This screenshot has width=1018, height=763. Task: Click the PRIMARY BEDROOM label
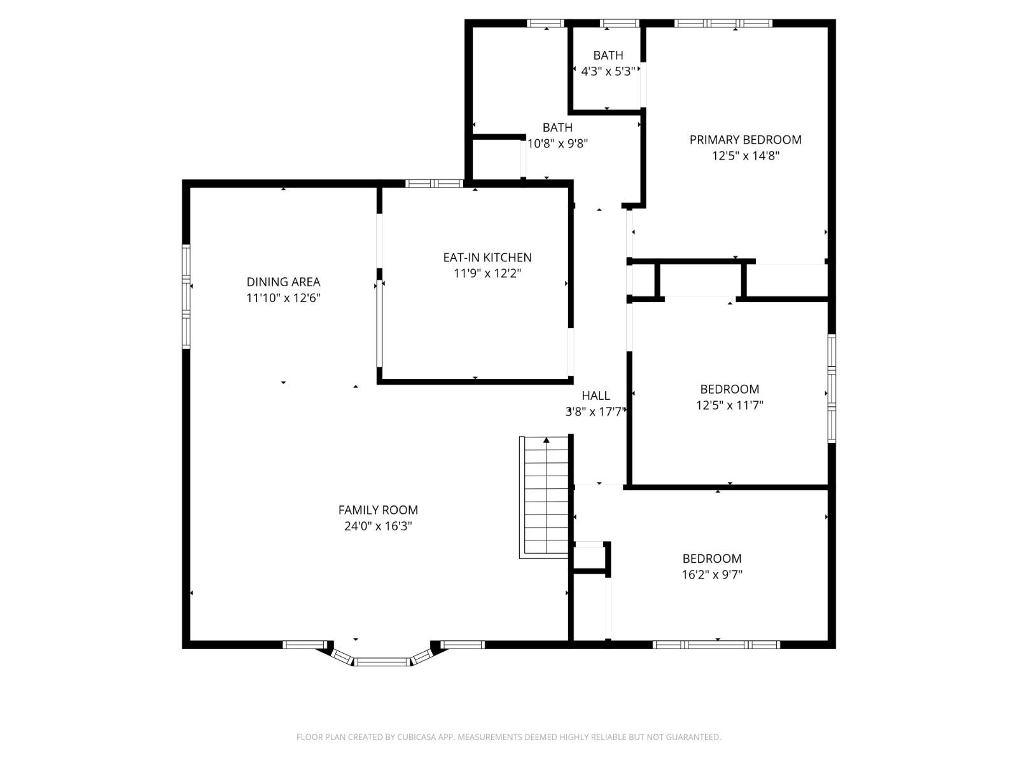coord(745,140)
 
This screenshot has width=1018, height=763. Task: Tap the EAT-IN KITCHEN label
coord(487,258)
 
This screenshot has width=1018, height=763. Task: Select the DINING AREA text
coord(283,282)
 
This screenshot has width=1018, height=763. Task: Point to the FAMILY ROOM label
coord(378,510)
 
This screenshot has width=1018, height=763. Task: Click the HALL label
coord(596,395)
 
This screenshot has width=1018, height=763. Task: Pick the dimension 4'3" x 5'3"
coord(608,72)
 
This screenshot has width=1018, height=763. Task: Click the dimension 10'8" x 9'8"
coord(557,144)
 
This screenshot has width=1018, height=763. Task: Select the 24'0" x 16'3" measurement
coord(378,526)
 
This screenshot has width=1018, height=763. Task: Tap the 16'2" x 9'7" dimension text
coord(711,575)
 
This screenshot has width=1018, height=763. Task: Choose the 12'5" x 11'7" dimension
coord(729,405)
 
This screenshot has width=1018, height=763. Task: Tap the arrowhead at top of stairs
coord(546,440)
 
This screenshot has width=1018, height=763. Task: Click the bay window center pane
coord(382,662)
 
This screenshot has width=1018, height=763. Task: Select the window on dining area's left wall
coord(186,296)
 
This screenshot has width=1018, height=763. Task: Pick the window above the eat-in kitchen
coord(434,184)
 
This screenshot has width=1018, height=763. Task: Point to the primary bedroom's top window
coord(723,24)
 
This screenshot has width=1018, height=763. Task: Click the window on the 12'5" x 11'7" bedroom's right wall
coord(831,388)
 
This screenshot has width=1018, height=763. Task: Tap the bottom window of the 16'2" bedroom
coord(716,645)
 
